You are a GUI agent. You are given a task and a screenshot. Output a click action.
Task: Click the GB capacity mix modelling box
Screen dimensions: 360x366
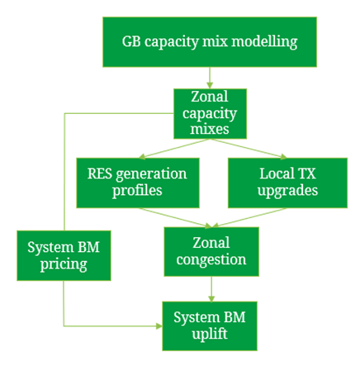coord(210,42)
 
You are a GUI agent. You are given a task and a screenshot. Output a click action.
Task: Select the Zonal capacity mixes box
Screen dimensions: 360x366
coord(210,113)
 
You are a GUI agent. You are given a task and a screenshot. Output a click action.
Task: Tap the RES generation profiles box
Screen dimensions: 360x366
coord(138,183)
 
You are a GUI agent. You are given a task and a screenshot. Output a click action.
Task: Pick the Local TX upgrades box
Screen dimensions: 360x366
coord(287,183)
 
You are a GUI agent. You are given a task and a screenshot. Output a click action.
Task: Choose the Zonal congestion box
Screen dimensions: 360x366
coord(211,252)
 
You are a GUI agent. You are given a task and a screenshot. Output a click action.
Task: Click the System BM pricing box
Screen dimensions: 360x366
coord(64,255)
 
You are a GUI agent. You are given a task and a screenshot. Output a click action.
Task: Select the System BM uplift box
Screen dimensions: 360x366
coord(210,326)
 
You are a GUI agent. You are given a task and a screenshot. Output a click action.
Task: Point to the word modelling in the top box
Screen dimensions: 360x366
coord(264,42)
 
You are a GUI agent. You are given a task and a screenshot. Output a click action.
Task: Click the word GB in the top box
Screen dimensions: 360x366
coord(131,41)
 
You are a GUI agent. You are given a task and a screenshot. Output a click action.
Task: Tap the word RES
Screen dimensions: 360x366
coord(100,173)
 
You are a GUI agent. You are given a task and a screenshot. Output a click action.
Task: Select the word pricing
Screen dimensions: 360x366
coord(64,264)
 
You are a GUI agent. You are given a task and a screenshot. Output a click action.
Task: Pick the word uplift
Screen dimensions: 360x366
coord(210,334)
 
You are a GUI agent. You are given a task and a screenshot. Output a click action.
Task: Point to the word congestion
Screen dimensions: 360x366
coord(211,260)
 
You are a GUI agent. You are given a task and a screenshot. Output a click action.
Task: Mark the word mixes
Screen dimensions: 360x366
coord(210,129)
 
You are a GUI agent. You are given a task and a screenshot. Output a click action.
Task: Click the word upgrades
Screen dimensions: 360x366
coord(287,191)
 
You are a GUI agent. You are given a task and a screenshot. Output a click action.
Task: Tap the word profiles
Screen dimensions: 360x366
coord(137,191)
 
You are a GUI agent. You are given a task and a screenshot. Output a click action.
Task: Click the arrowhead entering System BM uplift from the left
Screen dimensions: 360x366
coord(159,326)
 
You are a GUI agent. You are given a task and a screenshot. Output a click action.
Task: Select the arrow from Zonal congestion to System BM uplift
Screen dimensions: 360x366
coord(211,289)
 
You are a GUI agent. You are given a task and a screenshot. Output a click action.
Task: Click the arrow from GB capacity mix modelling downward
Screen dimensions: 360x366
coord(210,78)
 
